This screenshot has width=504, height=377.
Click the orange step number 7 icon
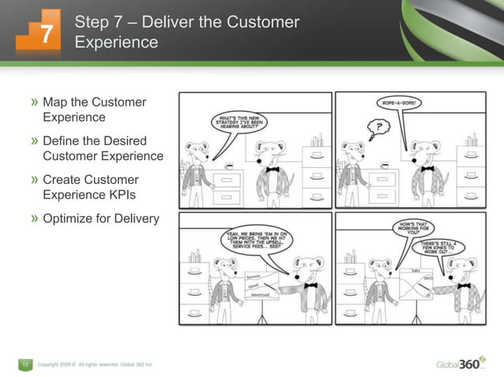[37, 33]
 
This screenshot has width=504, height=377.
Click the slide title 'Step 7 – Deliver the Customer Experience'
[186, 32]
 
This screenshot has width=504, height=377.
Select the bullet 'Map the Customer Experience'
[94, 110]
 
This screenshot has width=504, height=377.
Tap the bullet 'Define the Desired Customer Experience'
[102, 148]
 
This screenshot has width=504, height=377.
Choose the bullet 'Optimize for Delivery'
[100, 218]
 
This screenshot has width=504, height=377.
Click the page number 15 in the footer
[24, 364]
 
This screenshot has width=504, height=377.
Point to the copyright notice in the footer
[95, 364]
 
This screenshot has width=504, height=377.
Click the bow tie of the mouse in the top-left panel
[273, 169]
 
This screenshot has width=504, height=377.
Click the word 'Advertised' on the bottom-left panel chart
[261, 295]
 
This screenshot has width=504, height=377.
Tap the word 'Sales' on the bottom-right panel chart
[415, 270]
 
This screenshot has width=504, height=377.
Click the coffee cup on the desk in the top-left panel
[230, 166]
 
